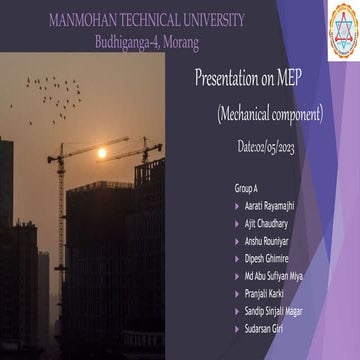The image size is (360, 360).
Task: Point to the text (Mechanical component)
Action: pos(269,115)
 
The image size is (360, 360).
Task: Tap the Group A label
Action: pos(246,187)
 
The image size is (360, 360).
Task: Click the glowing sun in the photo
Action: pos(101,153)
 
